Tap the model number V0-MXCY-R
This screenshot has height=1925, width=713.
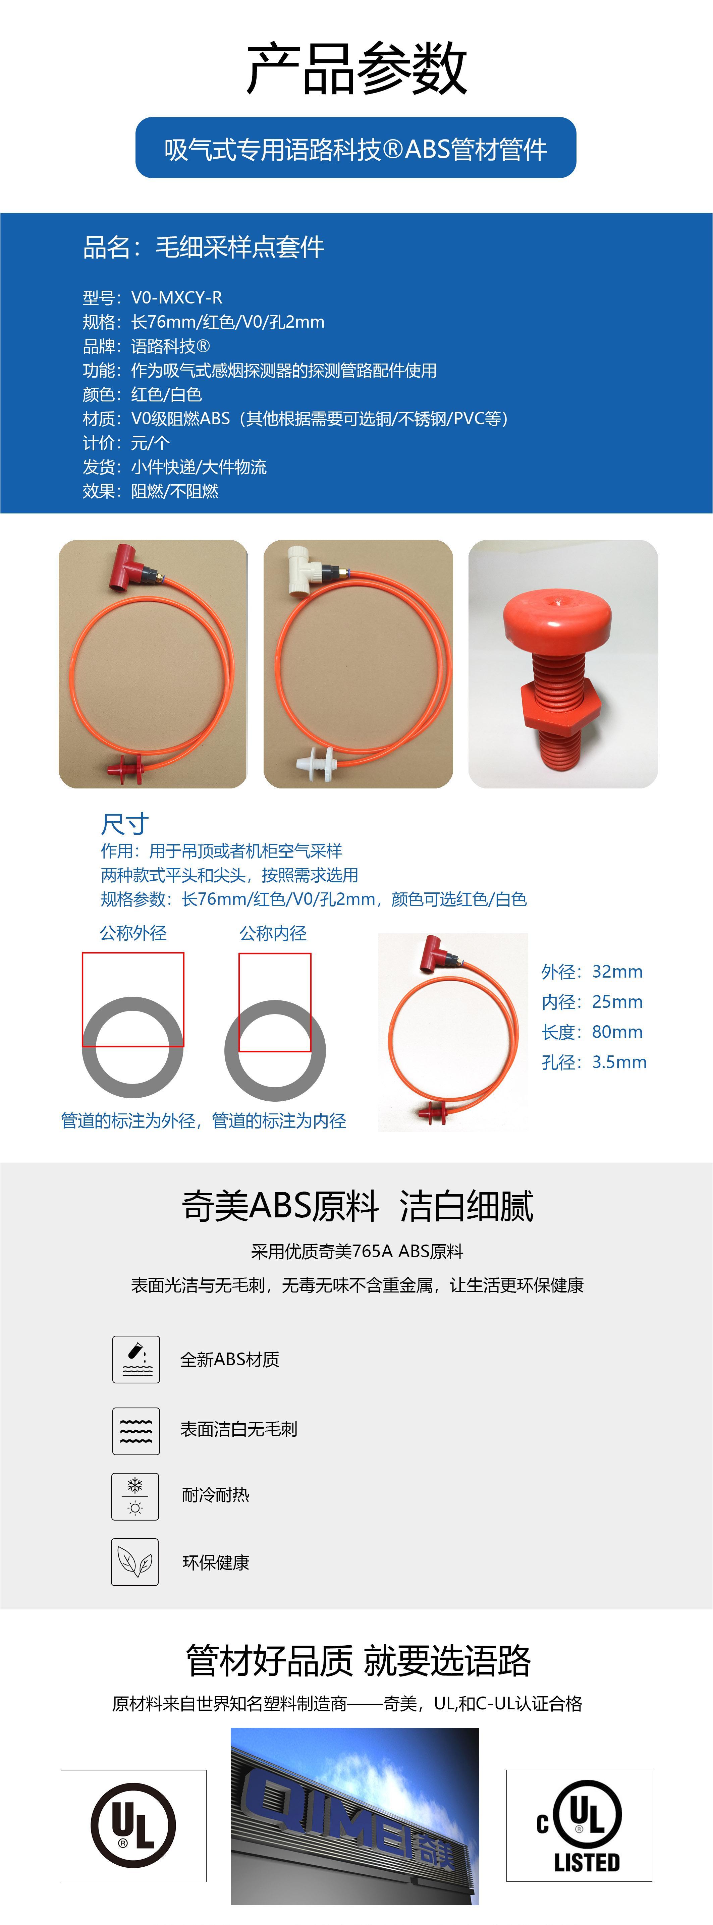176,297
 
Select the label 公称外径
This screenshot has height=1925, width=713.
133,933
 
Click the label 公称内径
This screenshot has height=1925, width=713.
273,933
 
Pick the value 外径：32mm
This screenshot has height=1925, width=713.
592,972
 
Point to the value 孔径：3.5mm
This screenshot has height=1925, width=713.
594,1062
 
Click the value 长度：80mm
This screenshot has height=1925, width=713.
592,1032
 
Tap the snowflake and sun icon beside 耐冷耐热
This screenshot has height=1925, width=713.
135,1497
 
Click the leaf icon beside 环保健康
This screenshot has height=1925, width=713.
135,1562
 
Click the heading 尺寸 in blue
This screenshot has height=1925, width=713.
125,824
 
